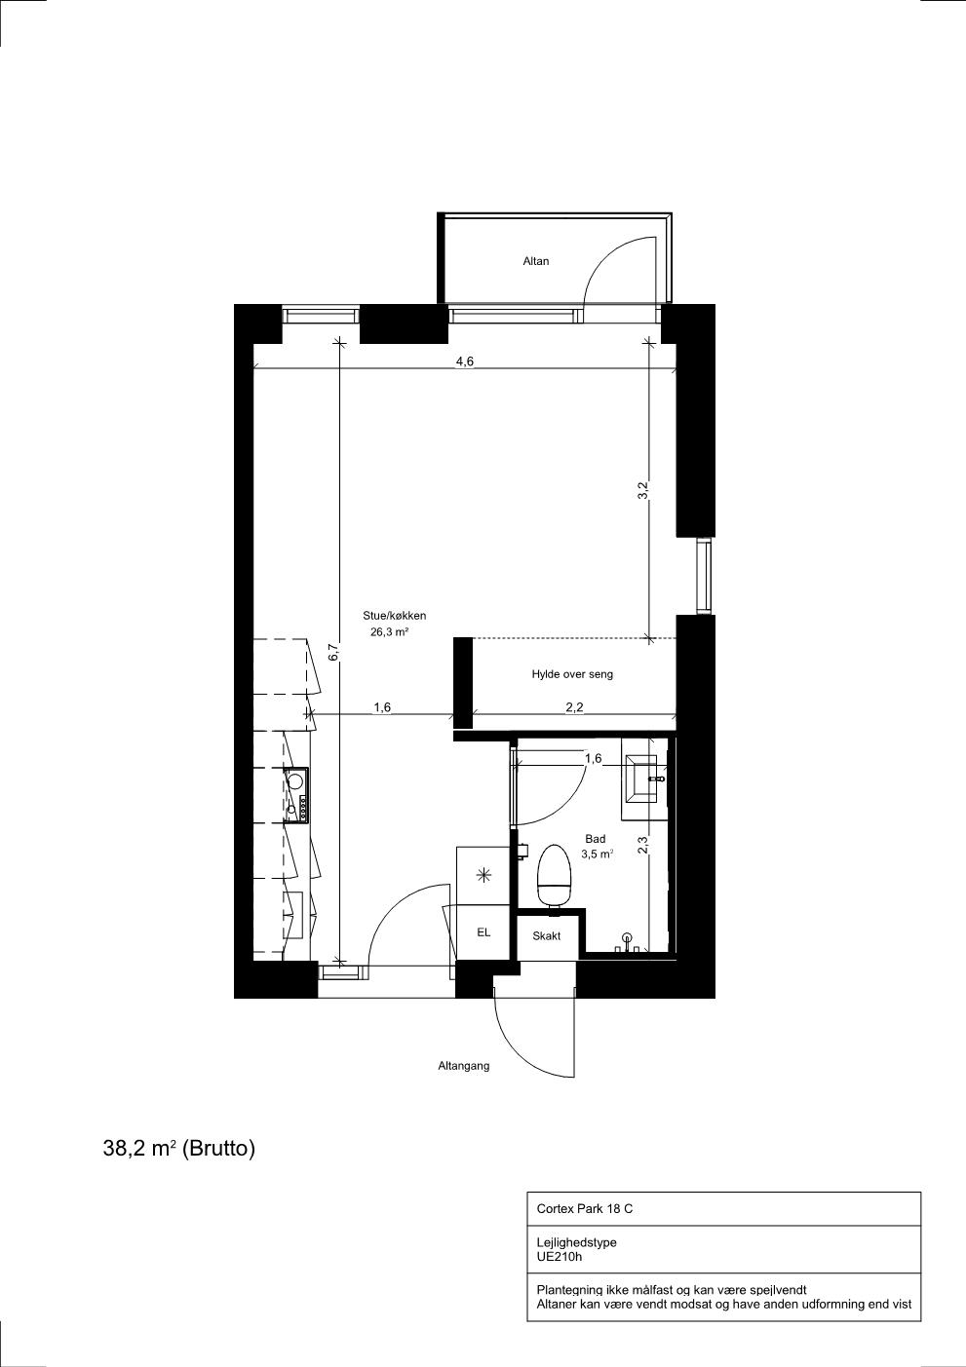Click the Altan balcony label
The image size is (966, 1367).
[x=535, y=261]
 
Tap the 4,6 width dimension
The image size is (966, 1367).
[x=465, y=361]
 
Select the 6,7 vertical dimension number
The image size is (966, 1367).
[x=333, y=653]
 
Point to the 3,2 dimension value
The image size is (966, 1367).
[x=642, y=491]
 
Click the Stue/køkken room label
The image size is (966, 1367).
[x=395, y=616]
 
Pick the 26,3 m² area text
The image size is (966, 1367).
[x=389, y=632]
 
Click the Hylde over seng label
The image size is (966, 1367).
[x=572, y=674]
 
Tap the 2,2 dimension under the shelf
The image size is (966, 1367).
[x=574, y=707]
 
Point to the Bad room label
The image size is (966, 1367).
[x=596, y=839]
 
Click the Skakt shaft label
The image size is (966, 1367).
[x=547, y=936]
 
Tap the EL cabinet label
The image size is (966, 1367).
[x=483, y=932]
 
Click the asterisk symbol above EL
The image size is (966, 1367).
[x=483, y=876]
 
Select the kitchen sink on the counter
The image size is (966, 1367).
[x=296, y=794]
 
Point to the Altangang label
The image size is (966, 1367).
[x=463, y=1066]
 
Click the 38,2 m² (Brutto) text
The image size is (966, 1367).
[x=179, y=1149]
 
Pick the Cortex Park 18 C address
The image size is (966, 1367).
[x=585, y=1208]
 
